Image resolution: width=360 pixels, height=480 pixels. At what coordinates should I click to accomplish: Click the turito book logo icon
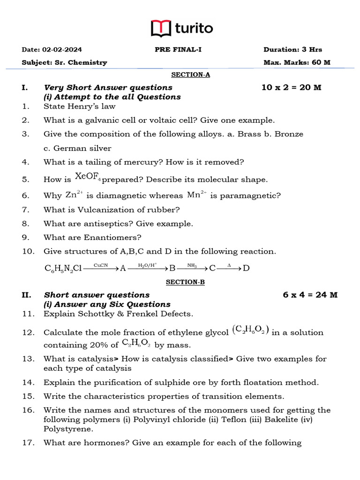(161, 29)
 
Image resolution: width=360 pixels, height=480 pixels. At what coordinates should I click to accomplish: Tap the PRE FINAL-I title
(178, 50)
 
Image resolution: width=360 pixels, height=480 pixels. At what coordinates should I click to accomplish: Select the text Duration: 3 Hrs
(292, 50)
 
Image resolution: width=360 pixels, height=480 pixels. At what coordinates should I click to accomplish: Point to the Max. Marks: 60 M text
(297, 62)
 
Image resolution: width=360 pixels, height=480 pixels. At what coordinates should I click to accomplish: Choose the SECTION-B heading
(186, 282)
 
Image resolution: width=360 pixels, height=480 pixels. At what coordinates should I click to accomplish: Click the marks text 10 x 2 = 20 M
(291, 88)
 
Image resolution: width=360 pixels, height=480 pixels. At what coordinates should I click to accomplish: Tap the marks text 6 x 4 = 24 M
(310, 295)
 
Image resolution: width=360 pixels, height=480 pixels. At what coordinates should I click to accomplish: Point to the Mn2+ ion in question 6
(197, 195)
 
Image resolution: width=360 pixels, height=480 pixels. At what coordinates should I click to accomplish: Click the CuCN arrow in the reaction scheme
(101, 268)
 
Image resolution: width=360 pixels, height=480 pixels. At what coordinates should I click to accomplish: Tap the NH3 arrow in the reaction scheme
(192, 268)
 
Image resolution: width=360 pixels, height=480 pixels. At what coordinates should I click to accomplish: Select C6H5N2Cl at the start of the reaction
(63, 269)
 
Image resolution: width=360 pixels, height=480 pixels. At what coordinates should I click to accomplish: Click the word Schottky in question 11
(90, 314)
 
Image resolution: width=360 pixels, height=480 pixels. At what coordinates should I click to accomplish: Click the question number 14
(28, 382)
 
